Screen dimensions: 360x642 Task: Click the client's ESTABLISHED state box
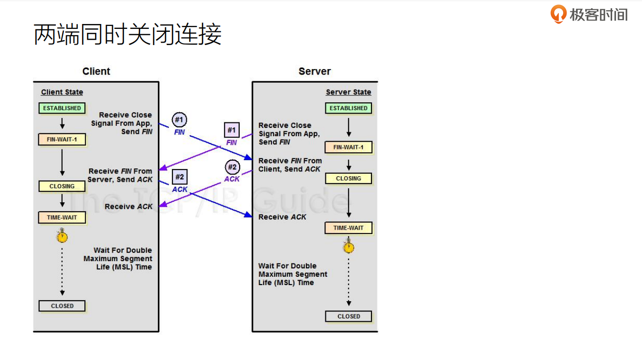[62, 108]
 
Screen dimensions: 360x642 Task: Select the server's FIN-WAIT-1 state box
[348, 147]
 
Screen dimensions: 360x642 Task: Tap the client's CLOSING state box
[62, 186]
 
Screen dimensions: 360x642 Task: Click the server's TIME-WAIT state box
[348, 228]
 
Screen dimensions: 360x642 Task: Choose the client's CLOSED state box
[62, 306]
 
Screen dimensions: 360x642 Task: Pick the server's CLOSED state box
[348, 316]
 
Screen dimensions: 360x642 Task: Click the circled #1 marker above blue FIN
[179, 120]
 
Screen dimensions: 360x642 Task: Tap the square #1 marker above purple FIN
[232, 130]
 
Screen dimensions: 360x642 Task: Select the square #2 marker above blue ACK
[179, 177]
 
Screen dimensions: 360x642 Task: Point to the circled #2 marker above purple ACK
[232, 167]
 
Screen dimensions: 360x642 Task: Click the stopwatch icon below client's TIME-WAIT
[62, 237]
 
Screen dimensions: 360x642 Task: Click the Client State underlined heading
[62, 92]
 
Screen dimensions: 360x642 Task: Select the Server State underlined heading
[348, 92]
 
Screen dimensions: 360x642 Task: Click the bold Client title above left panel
[96, 72]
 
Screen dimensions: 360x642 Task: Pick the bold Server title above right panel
[315, 72]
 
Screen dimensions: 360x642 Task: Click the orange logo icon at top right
[558, 14]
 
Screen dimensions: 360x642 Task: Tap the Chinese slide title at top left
[127, 35]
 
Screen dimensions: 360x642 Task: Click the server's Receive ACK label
[282, 217]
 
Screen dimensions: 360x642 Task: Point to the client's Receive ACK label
[128, 207]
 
